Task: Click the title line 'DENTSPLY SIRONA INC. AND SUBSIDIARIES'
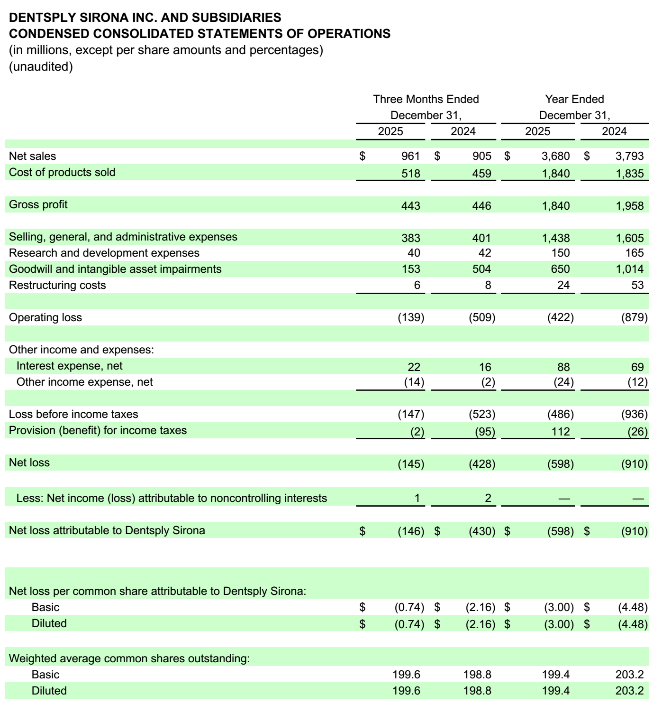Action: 145,18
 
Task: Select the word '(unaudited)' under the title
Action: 41,66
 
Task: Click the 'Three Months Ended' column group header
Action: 426,99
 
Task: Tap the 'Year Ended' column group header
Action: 574,99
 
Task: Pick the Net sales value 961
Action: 410,156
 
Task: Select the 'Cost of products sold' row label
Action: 62,172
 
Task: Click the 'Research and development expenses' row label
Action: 104,253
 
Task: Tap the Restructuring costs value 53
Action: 637,285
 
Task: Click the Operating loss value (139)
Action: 410,317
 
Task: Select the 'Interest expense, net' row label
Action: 69,366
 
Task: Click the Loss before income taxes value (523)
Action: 481,414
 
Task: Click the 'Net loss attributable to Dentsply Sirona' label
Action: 107,530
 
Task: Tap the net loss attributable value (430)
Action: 481,531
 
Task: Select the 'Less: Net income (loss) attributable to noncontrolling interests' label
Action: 172,498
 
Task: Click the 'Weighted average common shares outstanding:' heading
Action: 129,658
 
